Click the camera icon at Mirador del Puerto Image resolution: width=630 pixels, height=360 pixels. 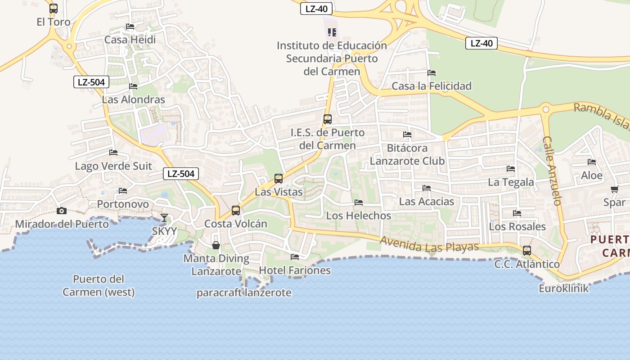click(x=61, y=211)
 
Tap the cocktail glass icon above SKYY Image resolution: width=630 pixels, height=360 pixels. click(x=164, y=218)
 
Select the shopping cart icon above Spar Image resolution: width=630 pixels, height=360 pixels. click(x=614, y=189)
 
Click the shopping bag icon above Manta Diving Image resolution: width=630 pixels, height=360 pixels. click(x=216, y=245)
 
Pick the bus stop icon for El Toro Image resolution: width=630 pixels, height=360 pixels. click(x=54, y=8)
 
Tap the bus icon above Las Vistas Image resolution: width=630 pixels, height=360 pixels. click(x=279, y=179)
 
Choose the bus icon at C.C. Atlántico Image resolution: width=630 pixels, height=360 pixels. click(x=526, y=251)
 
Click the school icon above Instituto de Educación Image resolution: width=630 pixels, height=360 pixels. click(x=332, y=32)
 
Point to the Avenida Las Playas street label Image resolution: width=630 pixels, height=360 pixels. click(x=429, y=244)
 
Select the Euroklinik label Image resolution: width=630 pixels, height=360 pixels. click(x=563, y=288)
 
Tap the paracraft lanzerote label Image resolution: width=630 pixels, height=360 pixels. click(x=244, y=293)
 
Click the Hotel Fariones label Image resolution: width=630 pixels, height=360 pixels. click(x=295, y=270)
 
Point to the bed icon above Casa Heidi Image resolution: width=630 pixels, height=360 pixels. click(x=130, y=27)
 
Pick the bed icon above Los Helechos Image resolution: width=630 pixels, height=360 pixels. click(x=359, y=202)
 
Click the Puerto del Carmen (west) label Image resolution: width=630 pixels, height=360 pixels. click(x=99, y=285)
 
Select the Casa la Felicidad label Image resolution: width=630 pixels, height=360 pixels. click(x=432, y=86)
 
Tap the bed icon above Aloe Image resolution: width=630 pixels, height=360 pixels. click(x=592, y=162)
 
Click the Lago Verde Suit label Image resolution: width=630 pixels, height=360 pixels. click(x=113, y=166)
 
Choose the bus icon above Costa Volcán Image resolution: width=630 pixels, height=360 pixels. click(x=236, y=211)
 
